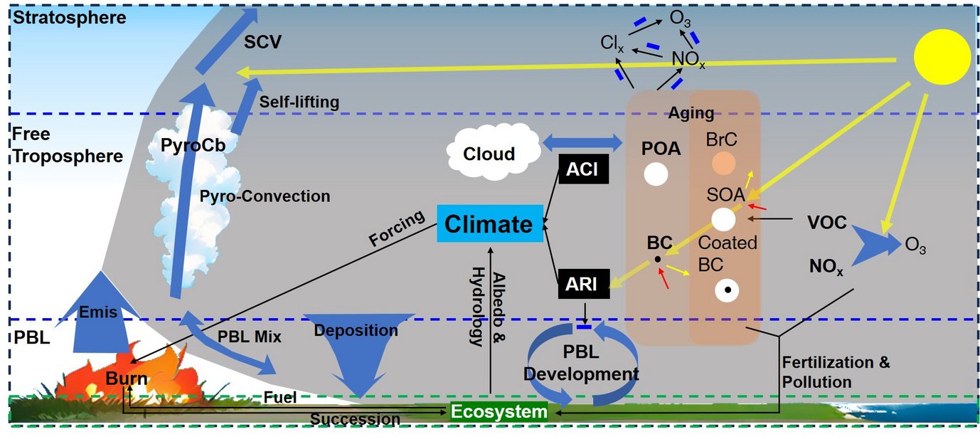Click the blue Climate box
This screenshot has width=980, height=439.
pyautogui.click(x=489, y=224)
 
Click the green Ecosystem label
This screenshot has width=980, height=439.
pyautogui.click(x=499, y=412)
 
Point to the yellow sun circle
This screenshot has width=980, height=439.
pyautogui.click(x=942, y=58)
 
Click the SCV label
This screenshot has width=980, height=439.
pyautogui.click(x=262, y=42)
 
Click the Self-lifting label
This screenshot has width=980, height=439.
pyautogui.click(x=299, y=102)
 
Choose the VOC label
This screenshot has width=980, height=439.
pyautogui.click(x=826, y=223)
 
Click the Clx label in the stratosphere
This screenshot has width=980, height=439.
pyautogui.click(x=612, y=44)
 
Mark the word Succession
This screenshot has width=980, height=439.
pyautogui.click(x=355, y=419)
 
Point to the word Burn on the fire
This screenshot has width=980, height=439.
pyautogui.click(x=127, y=379)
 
